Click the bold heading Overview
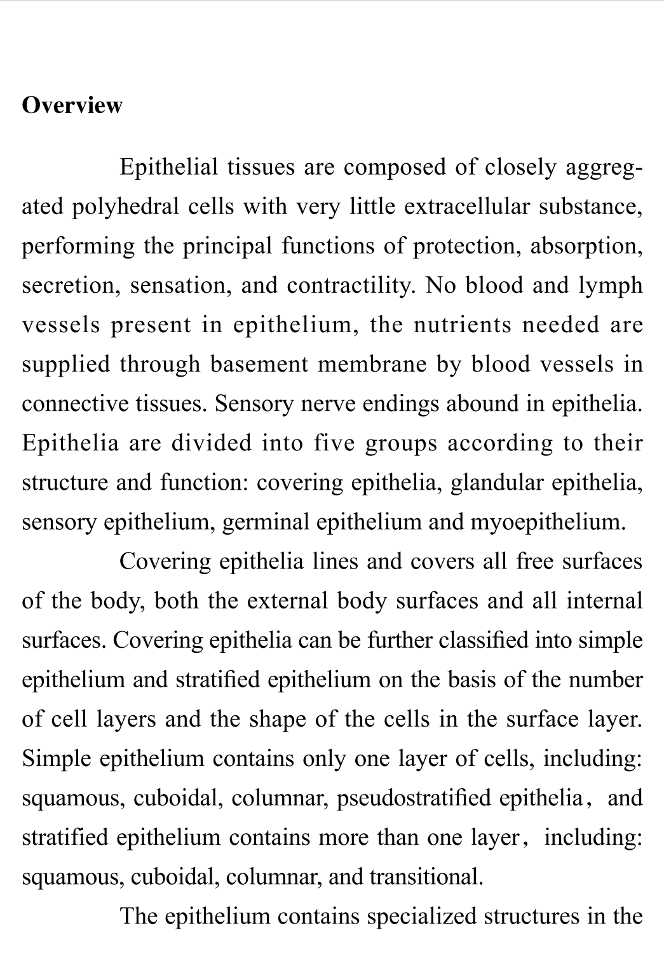click(x=72, y=105)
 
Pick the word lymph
click(x=610, y=286)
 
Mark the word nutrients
click(x=463, y=325)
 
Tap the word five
click(x=334, y=443)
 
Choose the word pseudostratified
click(x=413, y=798)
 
